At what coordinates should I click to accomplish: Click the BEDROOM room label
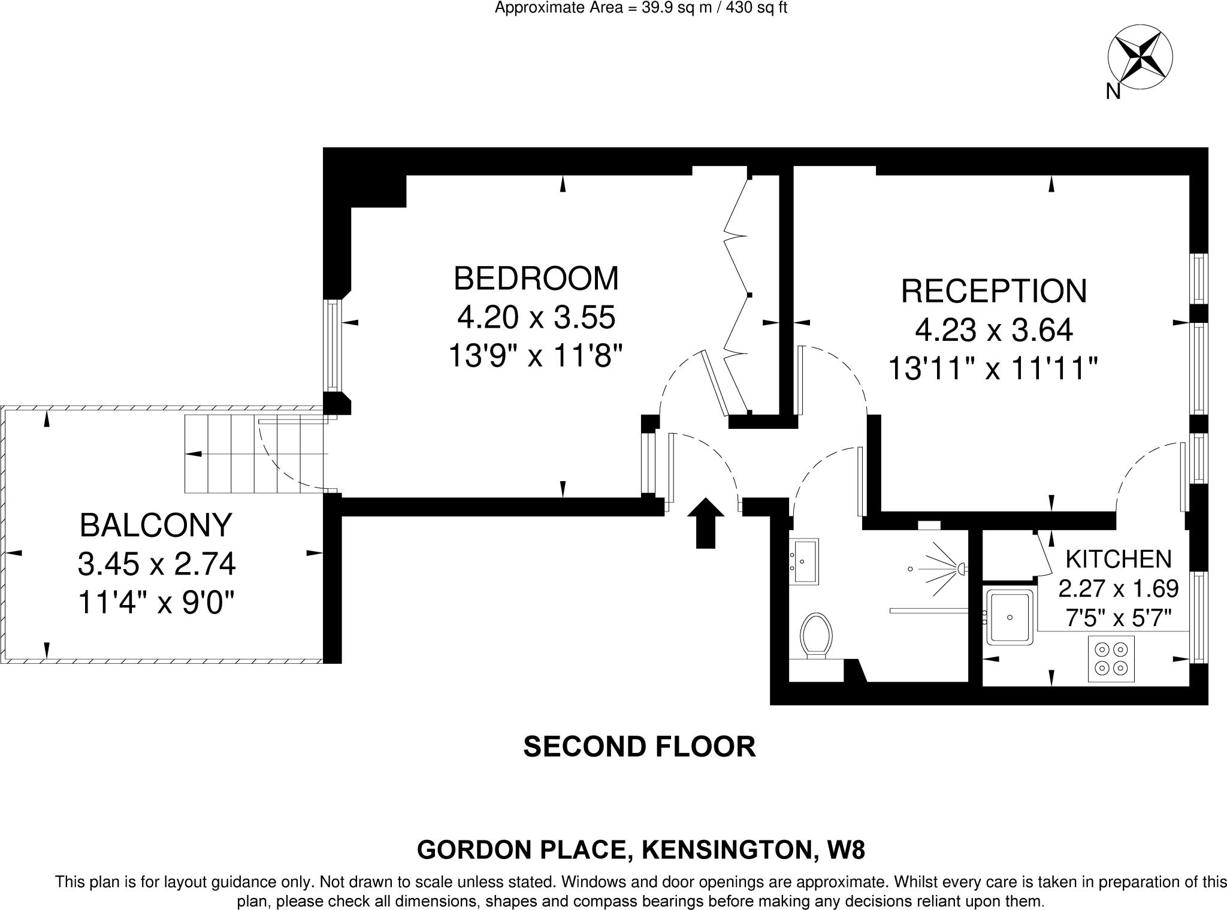click(x=536, y=279)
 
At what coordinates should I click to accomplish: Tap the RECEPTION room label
click(x=993, y=291)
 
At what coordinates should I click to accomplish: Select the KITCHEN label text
click(x=1118, y=559)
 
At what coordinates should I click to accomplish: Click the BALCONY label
click(x=156, y=525)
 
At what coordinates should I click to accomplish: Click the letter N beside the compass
click(x=1113, y=91)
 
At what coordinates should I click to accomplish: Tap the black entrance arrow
click(x=705, y=522)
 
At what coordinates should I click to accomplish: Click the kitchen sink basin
click(x=1010, y=617)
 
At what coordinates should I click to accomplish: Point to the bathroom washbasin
click(x=804, y=561)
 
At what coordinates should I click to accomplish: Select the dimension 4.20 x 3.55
click(x=536, y=318)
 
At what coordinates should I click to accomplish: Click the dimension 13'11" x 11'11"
click(x=992, y=368)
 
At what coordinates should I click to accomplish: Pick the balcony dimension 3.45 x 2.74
click(x=157, y=564)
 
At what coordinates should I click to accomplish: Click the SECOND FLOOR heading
click(x=639, y=747)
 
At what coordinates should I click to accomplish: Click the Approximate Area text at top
click(x=640, y=8)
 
